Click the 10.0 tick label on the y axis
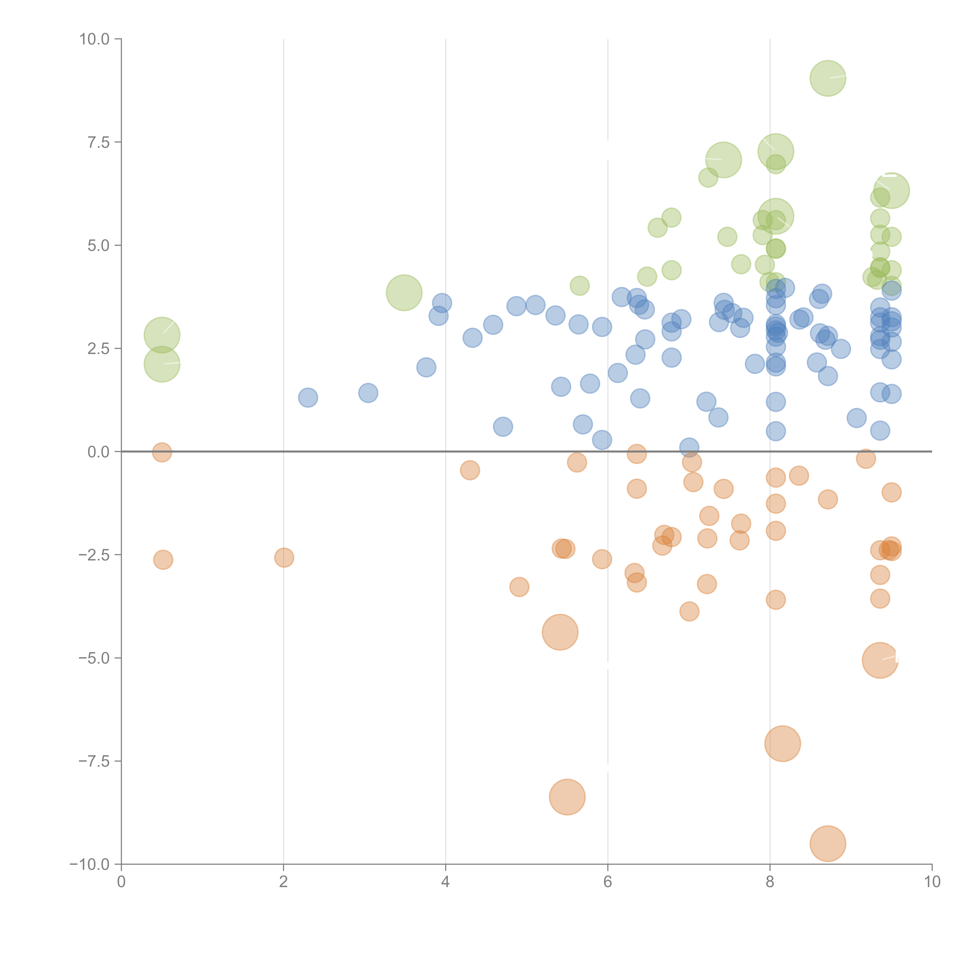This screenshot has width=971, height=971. (95, 39)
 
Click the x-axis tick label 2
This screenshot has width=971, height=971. (284, 882)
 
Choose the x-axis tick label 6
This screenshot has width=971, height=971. (608, 882)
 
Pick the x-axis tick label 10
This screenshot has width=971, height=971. (932, 882)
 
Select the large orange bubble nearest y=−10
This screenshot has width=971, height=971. (828, 844)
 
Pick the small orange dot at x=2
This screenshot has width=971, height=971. (284, 557)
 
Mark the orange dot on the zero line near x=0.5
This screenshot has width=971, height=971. (162, 452)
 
